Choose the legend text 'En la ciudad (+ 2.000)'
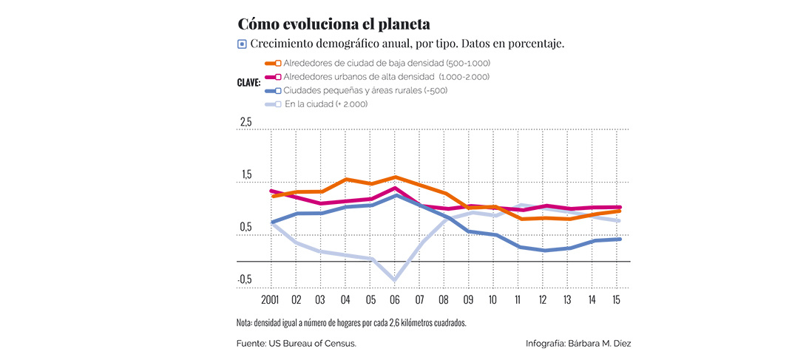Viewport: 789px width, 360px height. (326, 104)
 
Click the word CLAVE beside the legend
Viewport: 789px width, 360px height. (248, 84)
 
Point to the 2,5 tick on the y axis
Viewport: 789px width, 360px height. (245, 122)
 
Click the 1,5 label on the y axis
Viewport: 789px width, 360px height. (245, 174)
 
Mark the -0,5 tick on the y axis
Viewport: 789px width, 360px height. (245, 279)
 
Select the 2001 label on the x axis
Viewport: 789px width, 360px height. (271, 302)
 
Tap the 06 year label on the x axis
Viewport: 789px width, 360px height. (396, 302)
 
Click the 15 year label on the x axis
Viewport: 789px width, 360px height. (617, 302)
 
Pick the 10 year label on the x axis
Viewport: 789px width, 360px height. (494, 302)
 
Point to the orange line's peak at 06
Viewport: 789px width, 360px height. (396, 177)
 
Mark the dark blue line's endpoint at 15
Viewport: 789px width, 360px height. (617, 239)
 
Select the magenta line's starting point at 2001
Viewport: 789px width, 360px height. (271, 191)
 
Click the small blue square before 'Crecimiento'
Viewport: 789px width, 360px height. (242, 44)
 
